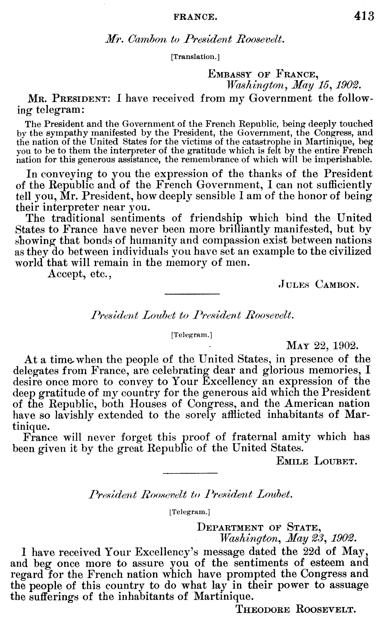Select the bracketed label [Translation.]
pyautogui.click(x=195, y=57)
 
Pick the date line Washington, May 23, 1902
pyautogui.click(x=288, y=538)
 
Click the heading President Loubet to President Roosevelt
pyautogui.click(x=192, y=315)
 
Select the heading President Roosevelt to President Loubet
pyautogui.click(x=190, y=495)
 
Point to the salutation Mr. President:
pyautogui.click(x=69, y=98)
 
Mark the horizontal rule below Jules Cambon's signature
pyautogui.click(x=192, y=294)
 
